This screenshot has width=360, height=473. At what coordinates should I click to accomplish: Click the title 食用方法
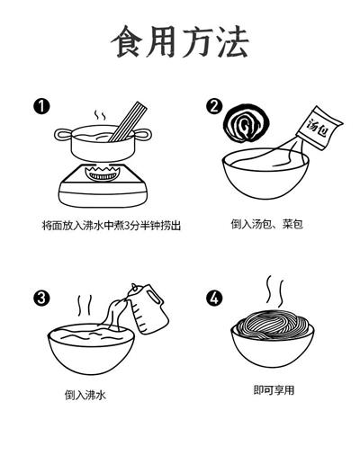pyautogui.click(x=180, y=41)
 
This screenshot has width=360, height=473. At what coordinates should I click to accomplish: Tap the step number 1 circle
pyautogui.click(x=41, y=106)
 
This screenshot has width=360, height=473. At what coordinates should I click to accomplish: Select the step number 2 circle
pyautogui.click(x=214, y=106)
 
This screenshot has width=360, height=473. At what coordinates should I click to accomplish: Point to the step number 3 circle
pyautogui.click(x=41, y=298)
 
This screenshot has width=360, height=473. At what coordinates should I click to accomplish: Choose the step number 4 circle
pyautogui.click(x=214, y=298)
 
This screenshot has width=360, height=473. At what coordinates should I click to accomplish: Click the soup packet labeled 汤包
pyautogui.click(x=319, y=128)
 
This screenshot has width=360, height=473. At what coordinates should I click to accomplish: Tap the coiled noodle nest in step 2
pyautogui.click(x=246, y=123)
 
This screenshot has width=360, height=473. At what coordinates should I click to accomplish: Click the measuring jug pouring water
pyautogui.click(x=148, y=309)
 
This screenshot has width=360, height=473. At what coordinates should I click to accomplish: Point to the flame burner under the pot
pyautogui.click(x=103, y=174)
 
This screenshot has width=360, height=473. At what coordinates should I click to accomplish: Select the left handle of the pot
pyautogui.click(x=64, y=134)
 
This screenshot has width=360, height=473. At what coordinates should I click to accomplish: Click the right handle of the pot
pyautogui.click(x=142, y=134)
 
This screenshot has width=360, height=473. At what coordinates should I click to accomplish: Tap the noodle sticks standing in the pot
pyautogui.click(x=128, y=122)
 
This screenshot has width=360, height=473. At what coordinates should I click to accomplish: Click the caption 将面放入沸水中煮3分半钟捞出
pyautogui.click(x=112, y=226)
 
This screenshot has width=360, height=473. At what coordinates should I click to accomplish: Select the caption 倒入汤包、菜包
pyautogui.click(x=267, y=224)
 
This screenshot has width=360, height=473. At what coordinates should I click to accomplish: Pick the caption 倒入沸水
pyautogui.click(x=85, y=395)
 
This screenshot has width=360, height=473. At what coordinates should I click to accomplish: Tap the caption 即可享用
pyautogui.click(x=274, y=390)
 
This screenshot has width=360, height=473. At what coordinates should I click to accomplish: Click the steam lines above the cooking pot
pyautogui.click(x=100, y=115)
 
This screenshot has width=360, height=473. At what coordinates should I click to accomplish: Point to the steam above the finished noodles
pyautogui.click(x=275, y=290)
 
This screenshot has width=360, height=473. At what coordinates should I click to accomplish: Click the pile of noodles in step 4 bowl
pyautogui.click(x=273, y=325)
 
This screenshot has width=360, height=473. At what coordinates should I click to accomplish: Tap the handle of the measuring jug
pyautogui.click(x=156, y=297)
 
